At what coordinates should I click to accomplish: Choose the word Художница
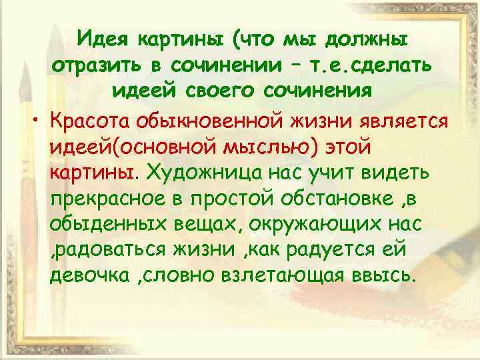203,173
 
